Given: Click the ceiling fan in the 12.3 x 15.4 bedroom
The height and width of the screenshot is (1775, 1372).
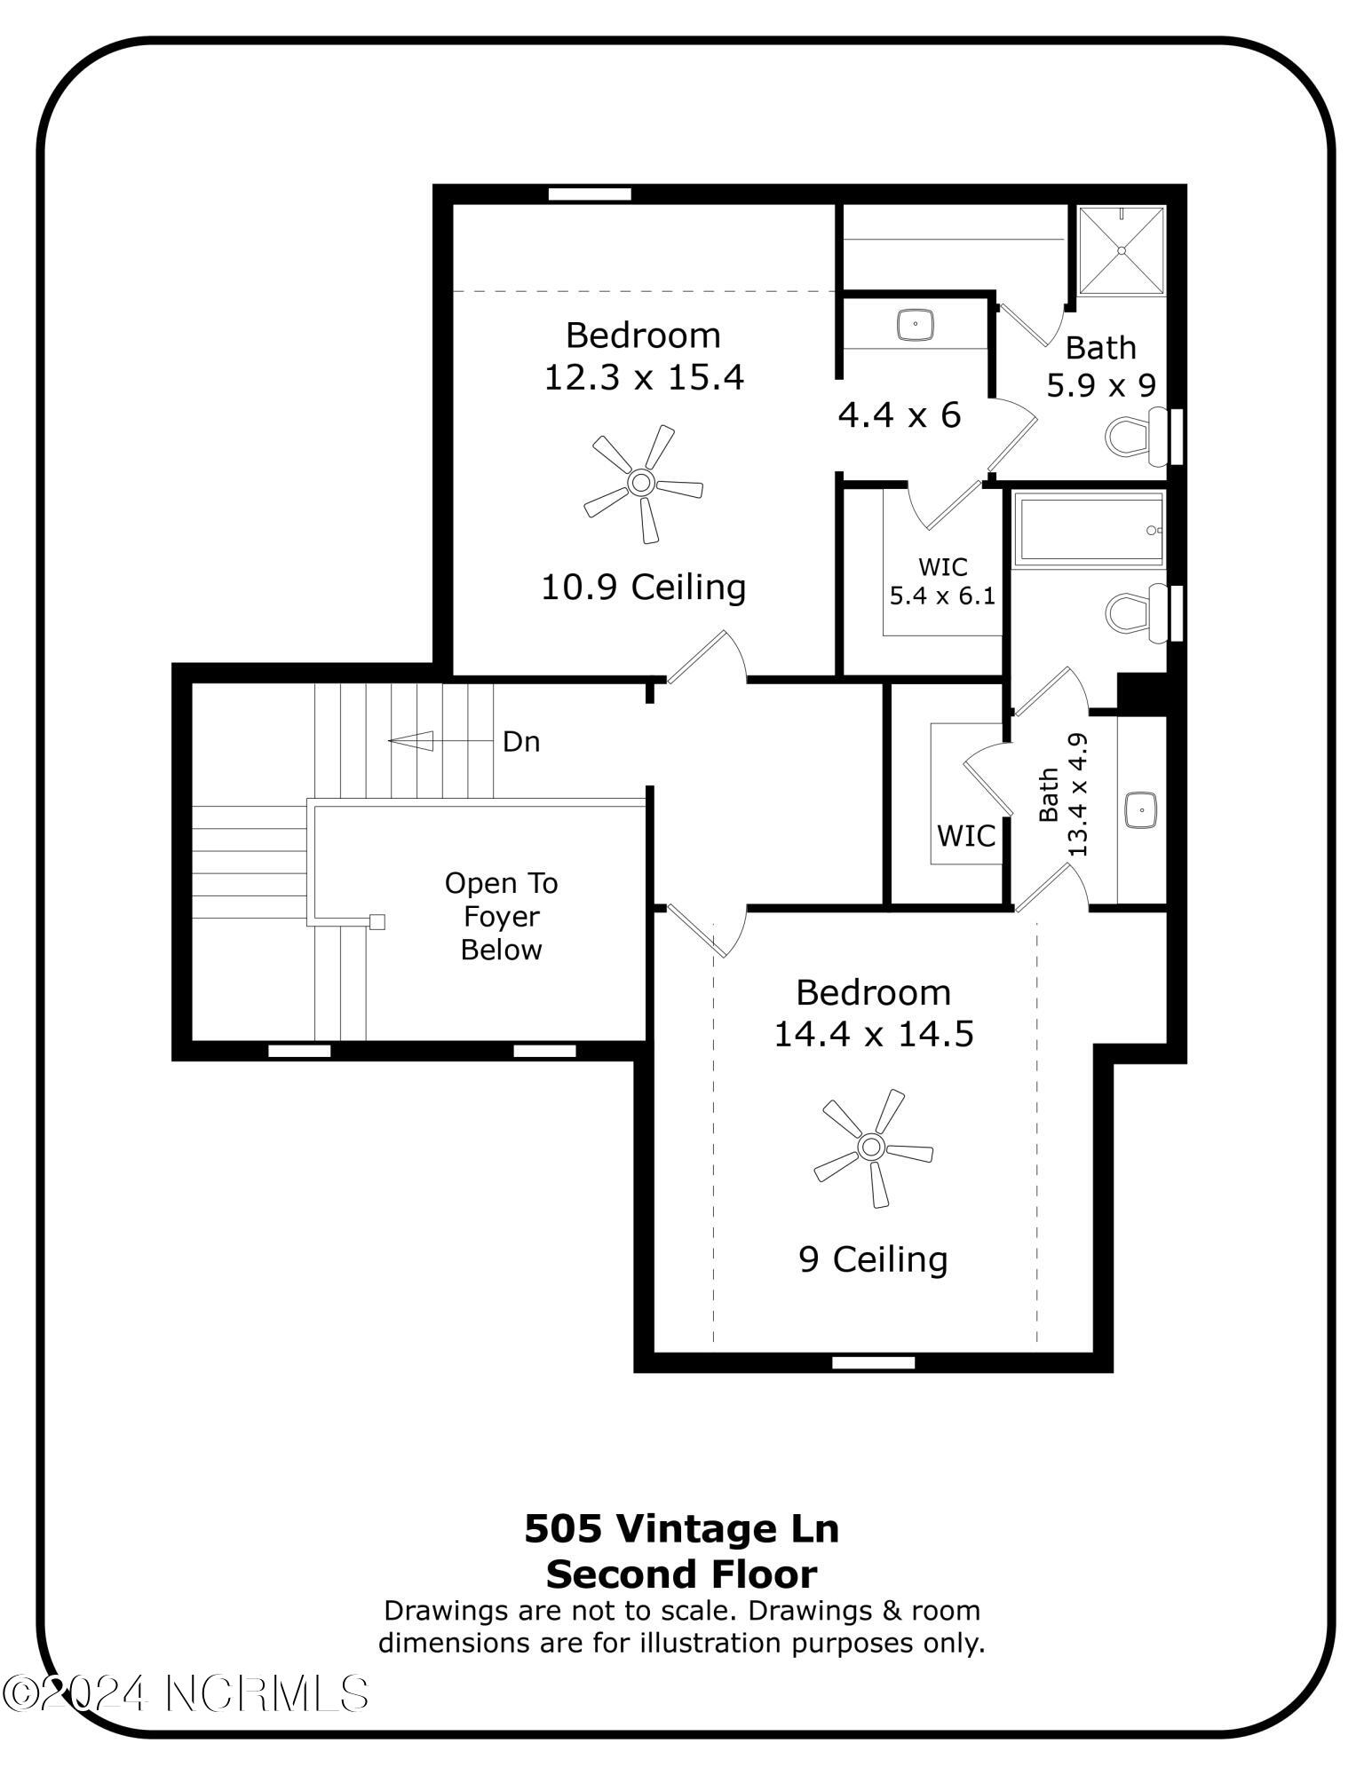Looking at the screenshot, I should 641,484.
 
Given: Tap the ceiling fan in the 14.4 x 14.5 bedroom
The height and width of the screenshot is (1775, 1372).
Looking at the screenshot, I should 871,1147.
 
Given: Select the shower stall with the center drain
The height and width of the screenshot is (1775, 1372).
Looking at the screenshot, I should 1121,249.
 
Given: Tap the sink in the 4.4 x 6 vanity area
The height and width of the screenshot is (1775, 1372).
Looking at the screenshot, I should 915,324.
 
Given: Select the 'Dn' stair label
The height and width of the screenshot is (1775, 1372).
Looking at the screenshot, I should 521,741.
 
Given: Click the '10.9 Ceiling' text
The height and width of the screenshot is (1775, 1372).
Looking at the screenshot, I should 643,587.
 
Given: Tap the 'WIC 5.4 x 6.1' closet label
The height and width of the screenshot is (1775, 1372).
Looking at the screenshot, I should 942,580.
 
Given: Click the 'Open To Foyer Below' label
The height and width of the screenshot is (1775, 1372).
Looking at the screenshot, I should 501,916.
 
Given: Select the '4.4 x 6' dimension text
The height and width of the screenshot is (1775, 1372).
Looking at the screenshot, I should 899,414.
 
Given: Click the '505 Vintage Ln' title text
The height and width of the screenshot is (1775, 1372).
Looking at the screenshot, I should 681,1527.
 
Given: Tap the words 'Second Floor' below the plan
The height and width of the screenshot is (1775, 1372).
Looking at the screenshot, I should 681,1574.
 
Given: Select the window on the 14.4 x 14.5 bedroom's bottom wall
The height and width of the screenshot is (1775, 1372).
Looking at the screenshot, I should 873,1362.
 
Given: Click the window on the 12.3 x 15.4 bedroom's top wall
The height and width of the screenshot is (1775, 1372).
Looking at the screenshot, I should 589,193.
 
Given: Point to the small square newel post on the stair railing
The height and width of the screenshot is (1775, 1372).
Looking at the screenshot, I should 377,921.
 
